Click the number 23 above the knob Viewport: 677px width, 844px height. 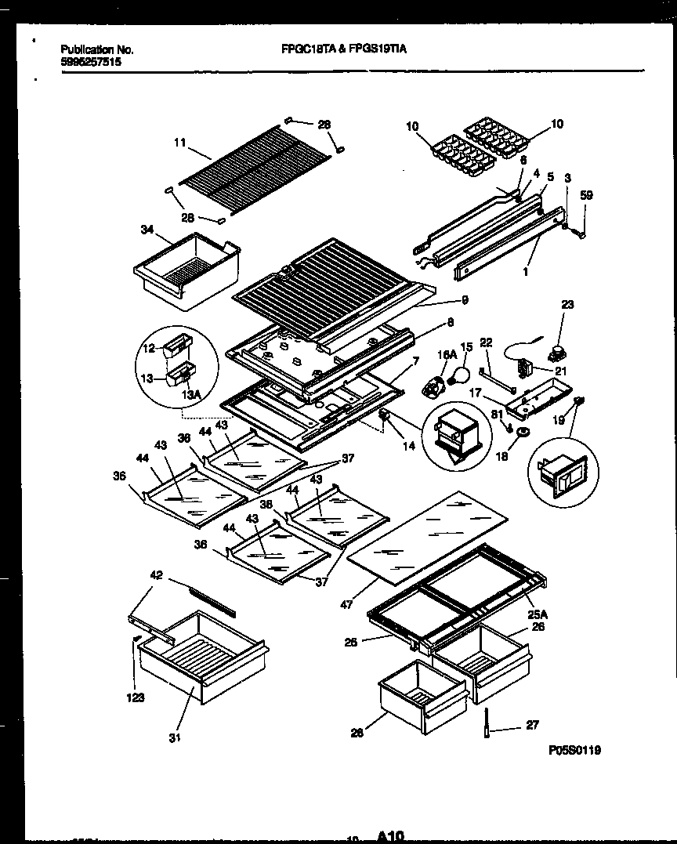click(567, 305)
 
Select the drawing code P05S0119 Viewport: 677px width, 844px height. click(575, 750)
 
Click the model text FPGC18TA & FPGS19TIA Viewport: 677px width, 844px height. click(343, 49)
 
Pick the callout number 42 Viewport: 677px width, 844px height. click(156, 574)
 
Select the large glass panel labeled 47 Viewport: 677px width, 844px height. click(427, 541)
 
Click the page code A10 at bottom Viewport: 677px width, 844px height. click(390, 836)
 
